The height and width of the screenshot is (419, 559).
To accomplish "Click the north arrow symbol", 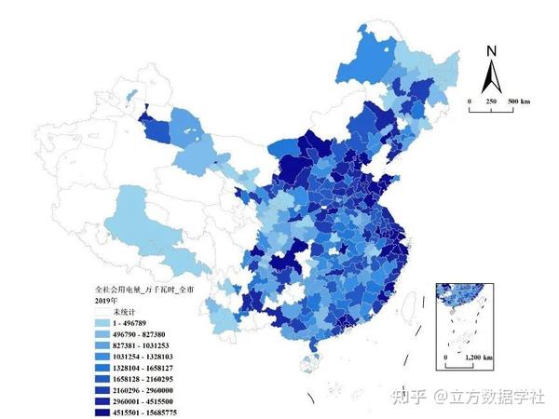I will point(493,74).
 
